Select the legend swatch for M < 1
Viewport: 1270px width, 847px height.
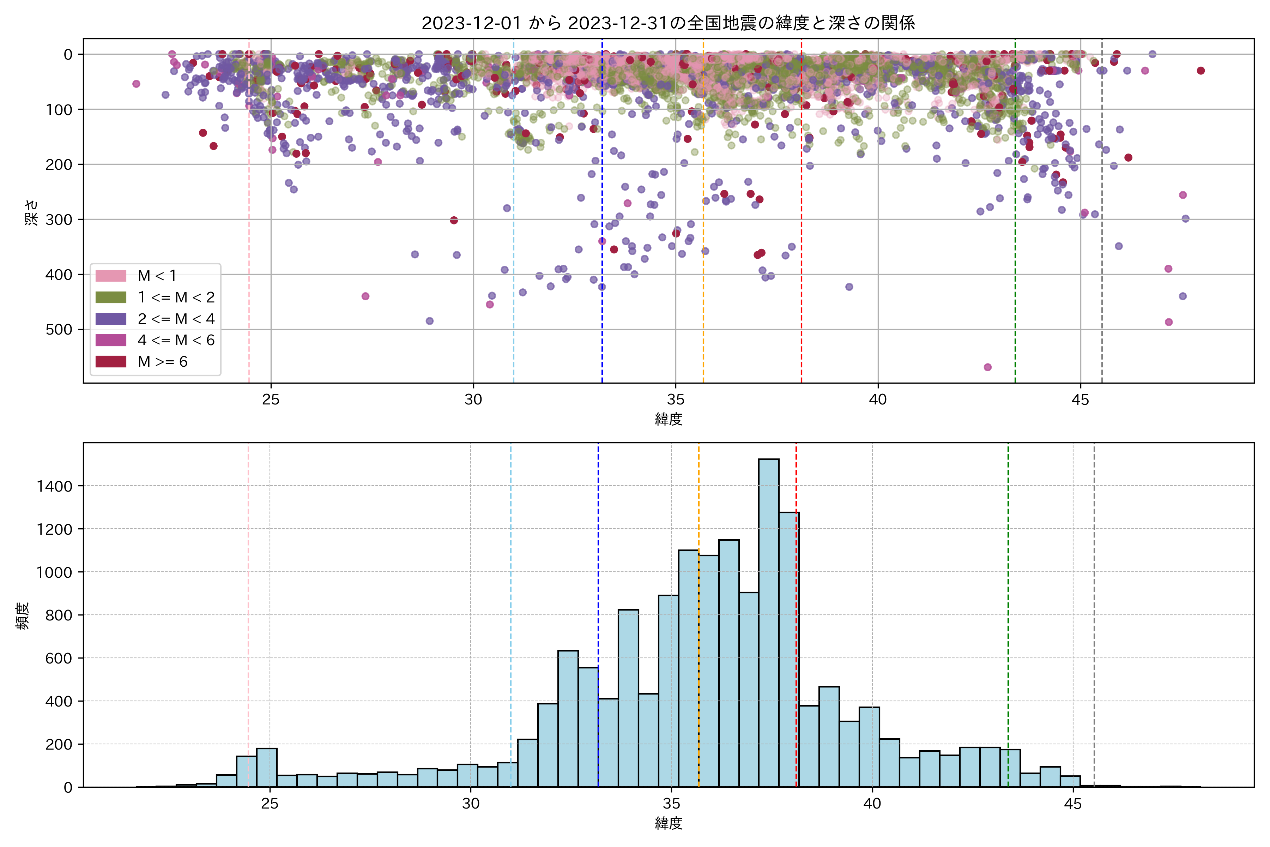tap(111, 276)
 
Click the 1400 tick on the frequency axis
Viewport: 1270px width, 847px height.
tap(54, 486)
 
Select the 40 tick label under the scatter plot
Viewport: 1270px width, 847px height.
tap(878, 400)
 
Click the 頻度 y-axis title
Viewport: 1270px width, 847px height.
tap(23, 616)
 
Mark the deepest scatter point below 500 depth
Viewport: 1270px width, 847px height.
tap(987, 367)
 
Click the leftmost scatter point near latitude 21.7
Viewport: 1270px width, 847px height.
tap(136, 84)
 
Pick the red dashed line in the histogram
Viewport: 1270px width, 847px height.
tap(796, 648)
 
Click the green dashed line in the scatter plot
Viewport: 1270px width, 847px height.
tap(1015, 243)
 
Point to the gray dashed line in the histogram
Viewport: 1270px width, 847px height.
tap(1094, 648)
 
